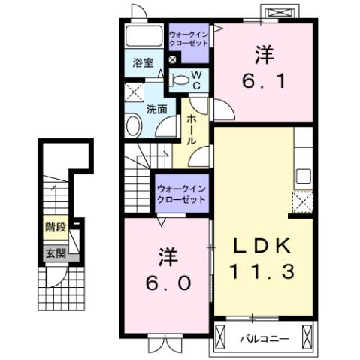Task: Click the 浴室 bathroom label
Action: (x=143, y=62)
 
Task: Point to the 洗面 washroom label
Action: (x=156, y=108)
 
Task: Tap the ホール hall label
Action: (x=192, y=130)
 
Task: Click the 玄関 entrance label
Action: (x=54, y=253)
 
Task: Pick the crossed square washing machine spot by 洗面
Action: (x=135, y=92)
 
